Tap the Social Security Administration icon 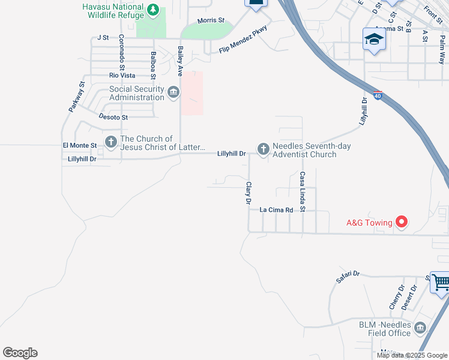pos(173,92)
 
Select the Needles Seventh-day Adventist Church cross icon pos(263,148)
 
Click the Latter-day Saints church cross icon pos(111,142)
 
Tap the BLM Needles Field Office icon pos(420,328)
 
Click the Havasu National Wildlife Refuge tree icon pos(154,10)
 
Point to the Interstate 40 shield pos(377,95)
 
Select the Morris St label pos(211,20)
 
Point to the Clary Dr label pos(248,194)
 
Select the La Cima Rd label pos(276,210)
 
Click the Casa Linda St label pos(303,192)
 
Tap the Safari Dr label pos(348,276)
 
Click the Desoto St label pos(113,117)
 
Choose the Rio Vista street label pos(122,76)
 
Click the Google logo pos(20,353)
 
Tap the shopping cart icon pos(441,282)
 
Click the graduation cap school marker pos(374,40)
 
